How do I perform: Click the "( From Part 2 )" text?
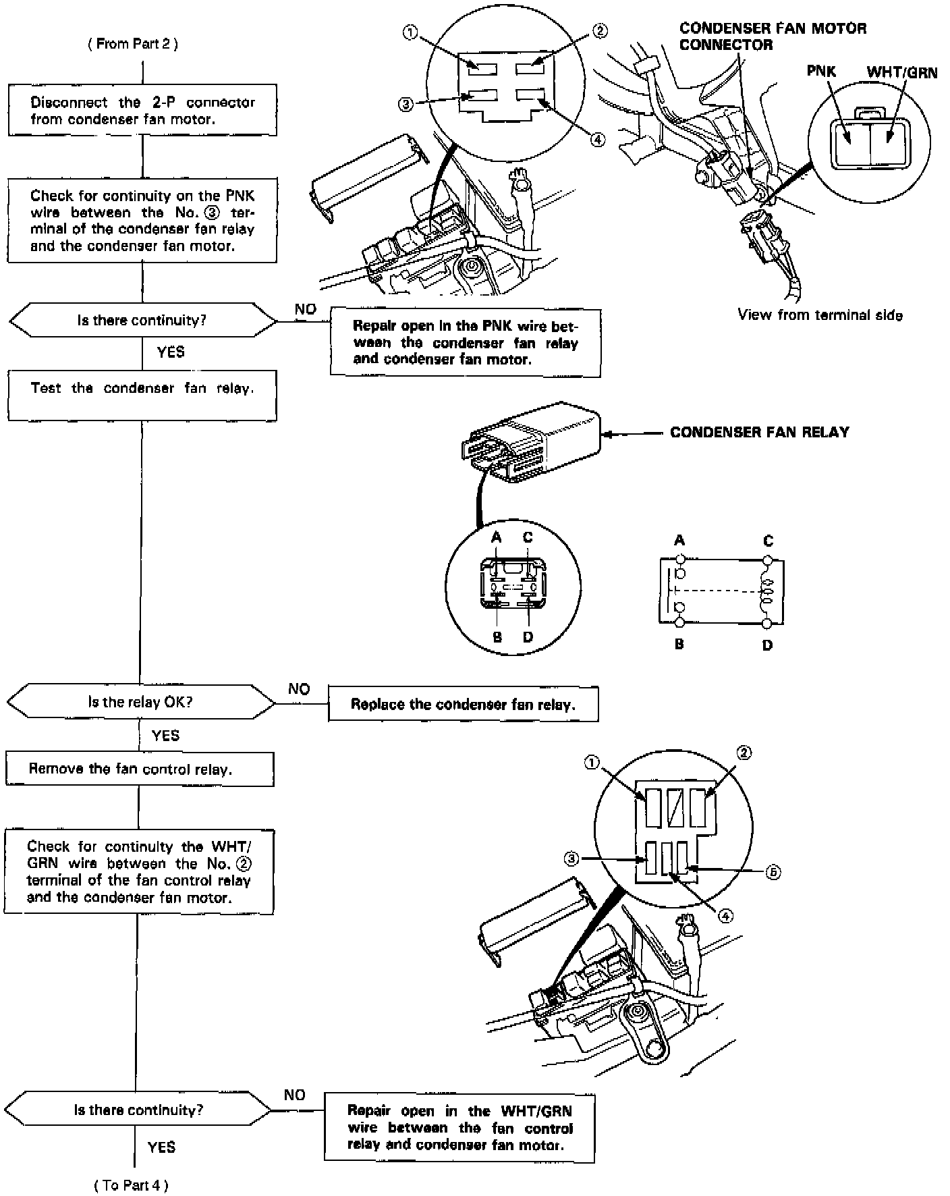133,44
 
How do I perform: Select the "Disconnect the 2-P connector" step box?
142,110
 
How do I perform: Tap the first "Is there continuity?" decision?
142,320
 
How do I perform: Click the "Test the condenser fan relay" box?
142,395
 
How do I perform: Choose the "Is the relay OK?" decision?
140,702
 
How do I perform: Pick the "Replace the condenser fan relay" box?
463,705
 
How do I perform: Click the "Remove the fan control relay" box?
140,769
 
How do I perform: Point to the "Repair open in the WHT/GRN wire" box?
459,1128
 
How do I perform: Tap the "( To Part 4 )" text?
131,1185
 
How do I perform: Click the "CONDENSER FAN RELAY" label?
760,432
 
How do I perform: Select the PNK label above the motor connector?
821,72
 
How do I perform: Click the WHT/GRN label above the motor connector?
901,72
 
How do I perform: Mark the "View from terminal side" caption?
820,315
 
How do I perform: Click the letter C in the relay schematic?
768,541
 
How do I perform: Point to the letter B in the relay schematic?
679,645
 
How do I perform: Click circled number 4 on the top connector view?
598,140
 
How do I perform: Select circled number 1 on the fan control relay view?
592,762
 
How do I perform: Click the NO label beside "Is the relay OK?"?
299,688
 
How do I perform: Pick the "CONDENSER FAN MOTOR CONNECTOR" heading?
773,36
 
